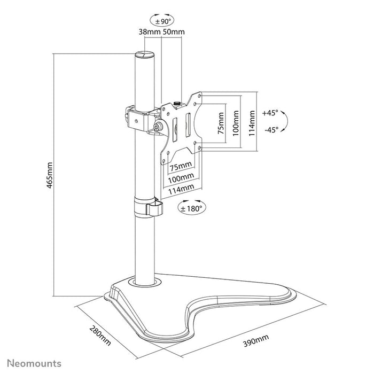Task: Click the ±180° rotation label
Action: click(x=191, y=209)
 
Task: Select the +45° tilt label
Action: click(x=271, y=113)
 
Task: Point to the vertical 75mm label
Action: click(x=220, y=124)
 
